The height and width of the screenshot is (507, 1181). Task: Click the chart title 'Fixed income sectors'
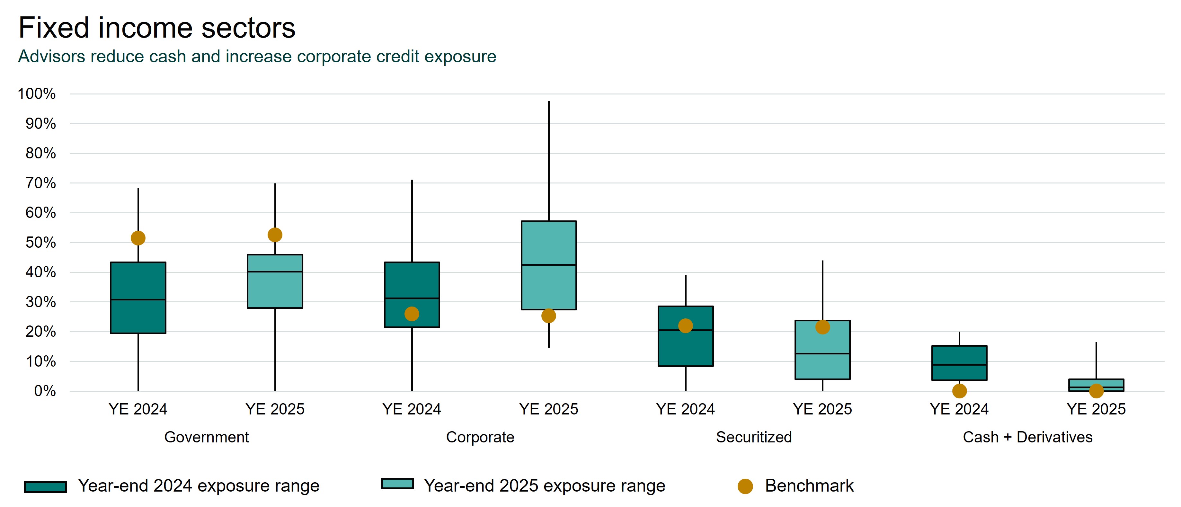[x=157, y=28]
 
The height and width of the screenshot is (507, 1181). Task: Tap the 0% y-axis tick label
[x=45, y=391]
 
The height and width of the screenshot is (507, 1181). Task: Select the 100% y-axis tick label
[x=37, y=94]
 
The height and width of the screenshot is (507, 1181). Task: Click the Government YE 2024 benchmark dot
[x=138, y=238]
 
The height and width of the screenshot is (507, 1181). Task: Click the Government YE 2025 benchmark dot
[x=275, y=235]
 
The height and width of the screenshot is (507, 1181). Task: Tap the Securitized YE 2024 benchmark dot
[x=685, y=326]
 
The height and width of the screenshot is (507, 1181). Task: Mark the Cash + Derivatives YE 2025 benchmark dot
[x=1096, y=391]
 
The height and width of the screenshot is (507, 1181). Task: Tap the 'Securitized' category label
[x=754, y=437]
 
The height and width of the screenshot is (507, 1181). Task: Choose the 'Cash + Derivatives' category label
[x=1027, y=437]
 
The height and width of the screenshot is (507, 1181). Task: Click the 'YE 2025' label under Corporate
[x=548, y=409]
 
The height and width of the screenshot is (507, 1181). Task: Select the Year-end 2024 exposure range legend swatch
[x=45, y=487]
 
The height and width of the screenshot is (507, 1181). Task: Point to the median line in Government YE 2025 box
[x=275, y=271]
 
